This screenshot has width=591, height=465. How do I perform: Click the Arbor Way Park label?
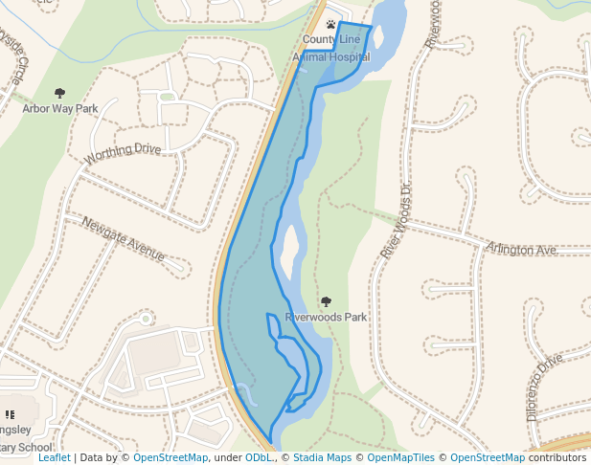click(60, 109)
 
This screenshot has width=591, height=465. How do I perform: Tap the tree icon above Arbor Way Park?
click(60, 94)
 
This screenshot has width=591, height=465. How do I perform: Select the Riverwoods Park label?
click(326, 317)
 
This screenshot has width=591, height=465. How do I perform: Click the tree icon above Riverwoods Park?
click(326, 301)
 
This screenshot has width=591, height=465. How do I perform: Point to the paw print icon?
click(330, 25)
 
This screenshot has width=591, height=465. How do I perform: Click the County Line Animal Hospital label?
click(330, 48)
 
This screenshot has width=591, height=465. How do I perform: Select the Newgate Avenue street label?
click(124, 239)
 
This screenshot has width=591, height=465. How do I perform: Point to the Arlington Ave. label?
click(521, 250)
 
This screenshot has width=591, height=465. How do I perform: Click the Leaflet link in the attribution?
click(54, 458)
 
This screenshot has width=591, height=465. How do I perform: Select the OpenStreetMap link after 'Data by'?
click(170, 458)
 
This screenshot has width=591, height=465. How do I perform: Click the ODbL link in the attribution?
click(258, 458)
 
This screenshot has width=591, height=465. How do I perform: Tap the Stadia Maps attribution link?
click(322, 458)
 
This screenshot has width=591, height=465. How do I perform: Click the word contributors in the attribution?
click(557, 458)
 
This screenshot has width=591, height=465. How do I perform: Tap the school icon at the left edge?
click(10, 415)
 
